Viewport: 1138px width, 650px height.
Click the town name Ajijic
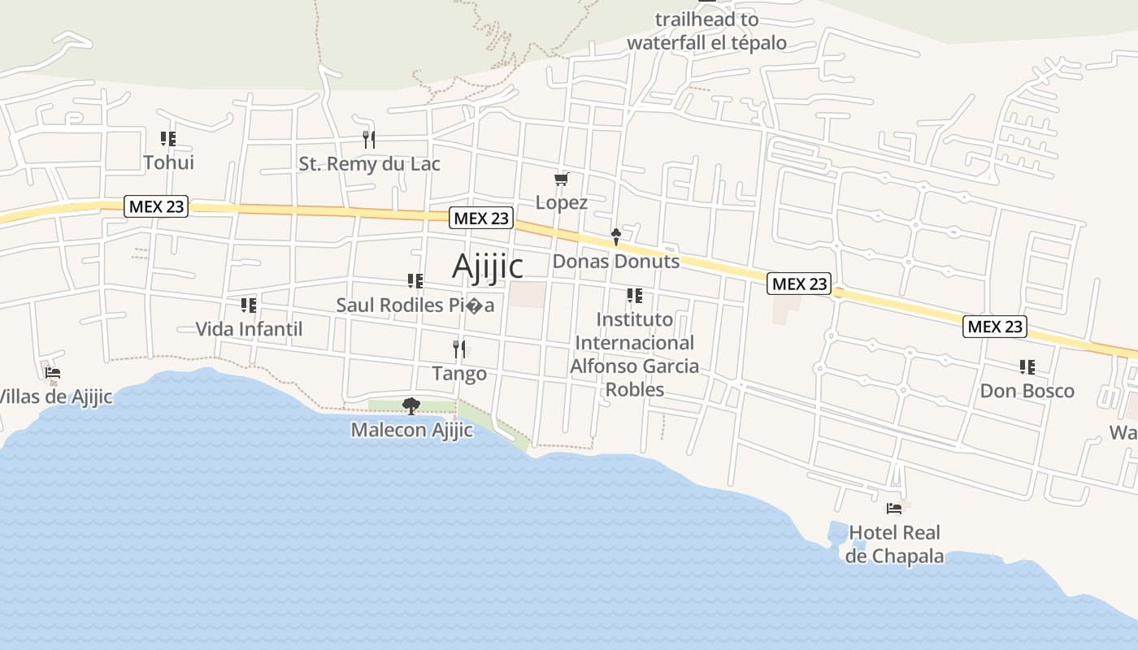pyautogui.click(x=487, y=266)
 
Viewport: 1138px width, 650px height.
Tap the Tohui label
pyautogui.click(x=168, y=162)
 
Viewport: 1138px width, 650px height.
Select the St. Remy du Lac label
pyautogui.click(x=369, y=164)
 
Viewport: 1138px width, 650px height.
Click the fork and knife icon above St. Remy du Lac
pyautogui.click(x=369, y=139)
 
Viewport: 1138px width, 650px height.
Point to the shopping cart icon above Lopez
pyautogui.click(x=561, y=179)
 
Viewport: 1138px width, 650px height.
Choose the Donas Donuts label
pyautogui.click(x=615, y=262)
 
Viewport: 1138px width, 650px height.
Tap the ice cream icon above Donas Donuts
pyautogui.click(x=615, y=237)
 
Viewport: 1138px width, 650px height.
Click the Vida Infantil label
pyautogui.click(x=249, y=329)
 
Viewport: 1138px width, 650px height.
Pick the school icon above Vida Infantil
pyautogui.click(x=249, y=305)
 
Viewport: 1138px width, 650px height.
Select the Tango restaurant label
pyautogui.click(x=459, y=374)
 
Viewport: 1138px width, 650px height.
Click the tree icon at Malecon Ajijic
pyautogui.click(x=411, y=405)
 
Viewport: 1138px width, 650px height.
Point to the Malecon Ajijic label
pyautogui.click(x=411, y=430)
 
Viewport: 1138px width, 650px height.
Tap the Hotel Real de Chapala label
pyautogui.click(x=894, y=544)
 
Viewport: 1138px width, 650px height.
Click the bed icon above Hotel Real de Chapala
pyautogui.click(x=894, y=509)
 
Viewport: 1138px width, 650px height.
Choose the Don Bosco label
pyautogui.click(x=1027, y=391)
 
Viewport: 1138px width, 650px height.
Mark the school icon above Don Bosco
pyautogui.click(x=1027, y=367)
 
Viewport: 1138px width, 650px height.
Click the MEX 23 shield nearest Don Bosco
pyautogui.click(x=995, y=327)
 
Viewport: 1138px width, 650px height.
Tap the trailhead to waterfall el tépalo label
pyautogui.click(x=706, y=31)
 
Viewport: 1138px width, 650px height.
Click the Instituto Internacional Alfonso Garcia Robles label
pyautogui.click(x=634, y=354)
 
